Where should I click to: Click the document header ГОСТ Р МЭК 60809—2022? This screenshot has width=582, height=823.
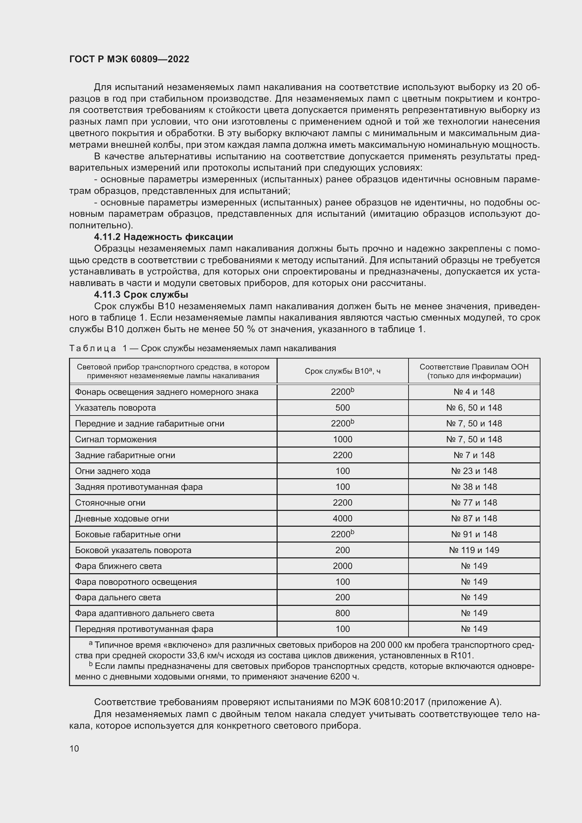coord(129,59)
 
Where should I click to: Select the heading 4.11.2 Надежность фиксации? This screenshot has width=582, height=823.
coord(163,237)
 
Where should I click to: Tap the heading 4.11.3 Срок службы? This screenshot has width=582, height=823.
coord(141,295)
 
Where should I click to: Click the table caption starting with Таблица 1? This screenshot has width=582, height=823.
coord(202,348)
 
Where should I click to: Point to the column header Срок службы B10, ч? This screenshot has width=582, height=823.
coord(342,371)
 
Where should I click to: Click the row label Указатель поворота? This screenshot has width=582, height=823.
coord(115,407)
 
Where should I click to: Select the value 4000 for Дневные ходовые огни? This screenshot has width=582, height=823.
coord(342,518)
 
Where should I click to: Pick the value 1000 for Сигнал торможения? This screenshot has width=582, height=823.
coord(342,439)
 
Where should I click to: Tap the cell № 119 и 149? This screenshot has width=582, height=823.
coord(474,550)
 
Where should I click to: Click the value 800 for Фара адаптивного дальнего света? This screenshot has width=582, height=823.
coord(342,613)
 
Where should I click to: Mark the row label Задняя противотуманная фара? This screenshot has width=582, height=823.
coord(139,487)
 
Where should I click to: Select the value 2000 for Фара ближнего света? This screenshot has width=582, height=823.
coord(342,566)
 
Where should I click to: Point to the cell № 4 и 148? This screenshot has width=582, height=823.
coord(474,392)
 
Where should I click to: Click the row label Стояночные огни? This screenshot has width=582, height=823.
coord(110,502)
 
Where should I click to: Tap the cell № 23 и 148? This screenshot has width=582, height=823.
coord(474,471)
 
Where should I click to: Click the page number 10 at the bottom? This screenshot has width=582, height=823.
coord(74,748)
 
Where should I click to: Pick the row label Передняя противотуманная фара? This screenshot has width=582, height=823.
coord(144,629)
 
